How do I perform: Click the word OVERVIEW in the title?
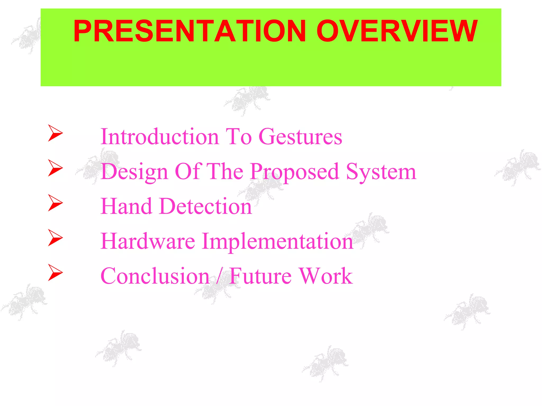click(397, 31)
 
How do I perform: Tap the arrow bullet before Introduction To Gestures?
click(55, 133)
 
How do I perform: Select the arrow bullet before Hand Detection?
click(55, 203)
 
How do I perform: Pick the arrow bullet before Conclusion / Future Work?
click(55, 273)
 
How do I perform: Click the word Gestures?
click(300, 137)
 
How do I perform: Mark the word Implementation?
click(278, 242)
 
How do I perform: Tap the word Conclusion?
click(155, 276)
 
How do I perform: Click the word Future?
click(260, 276)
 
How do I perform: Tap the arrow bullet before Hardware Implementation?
click(55, 238)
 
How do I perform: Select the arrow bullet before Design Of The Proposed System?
click(55, 168)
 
